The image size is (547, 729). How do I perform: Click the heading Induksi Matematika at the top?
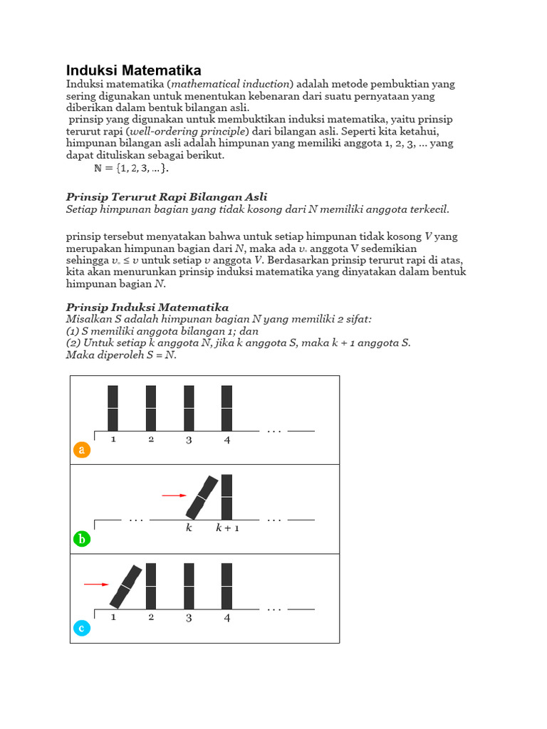[133, 70]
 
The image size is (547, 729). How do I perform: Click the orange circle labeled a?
[82, 450]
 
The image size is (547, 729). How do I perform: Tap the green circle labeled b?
[82, 539]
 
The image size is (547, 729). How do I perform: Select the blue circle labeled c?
[82, 628]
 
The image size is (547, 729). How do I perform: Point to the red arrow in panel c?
[96, 584]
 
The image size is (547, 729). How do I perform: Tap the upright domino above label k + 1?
[227, 497]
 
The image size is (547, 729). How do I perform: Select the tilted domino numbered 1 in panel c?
[125, 586]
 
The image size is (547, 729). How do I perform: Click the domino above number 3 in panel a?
[189, 408]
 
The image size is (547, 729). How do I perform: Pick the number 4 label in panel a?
[227, 440]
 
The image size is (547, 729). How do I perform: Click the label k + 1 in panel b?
[227, 529]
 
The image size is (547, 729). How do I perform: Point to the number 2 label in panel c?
[151, 617]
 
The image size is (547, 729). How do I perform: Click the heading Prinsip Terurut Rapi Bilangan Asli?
[167, 196]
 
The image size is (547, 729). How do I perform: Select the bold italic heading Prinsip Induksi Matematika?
[147, 308]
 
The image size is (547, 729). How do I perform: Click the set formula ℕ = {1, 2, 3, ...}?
[132, 169]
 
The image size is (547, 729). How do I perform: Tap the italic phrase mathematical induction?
[222, 84]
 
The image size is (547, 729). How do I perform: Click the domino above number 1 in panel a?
[113, 408]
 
